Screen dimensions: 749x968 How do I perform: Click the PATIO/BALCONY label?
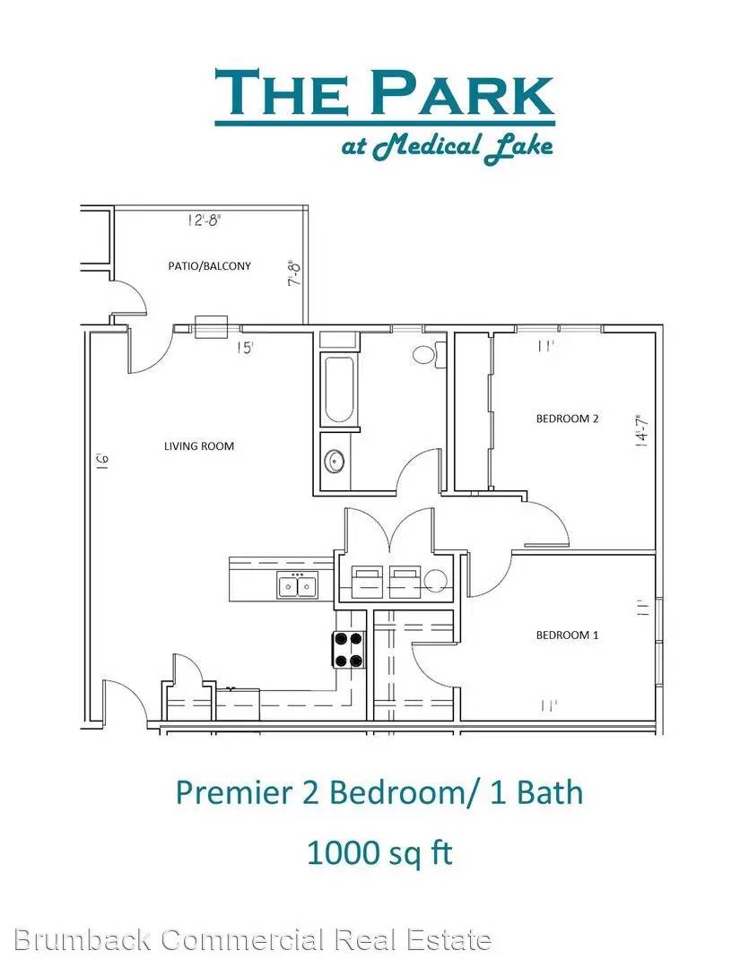pyautogui.click(x=210, y=266)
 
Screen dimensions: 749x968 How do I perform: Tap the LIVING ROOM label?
pyautogui.click(x=199, y=445)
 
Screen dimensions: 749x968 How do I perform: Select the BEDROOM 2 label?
pyautogui.click(x=567, y=419)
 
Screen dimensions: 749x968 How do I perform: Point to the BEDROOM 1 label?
pyautogui.click(x=567, y=635)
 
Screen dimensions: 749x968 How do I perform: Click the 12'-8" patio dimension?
pyautogui.click(x=204, y=220)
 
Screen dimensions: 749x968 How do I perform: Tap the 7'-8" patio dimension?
pyautogui.click(x=294, y=272)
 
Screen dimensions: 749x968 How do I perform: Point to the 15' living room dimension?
pyautogui.click(x=246, y=348)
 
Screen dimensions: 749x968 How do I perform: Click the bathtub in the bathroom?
pyautogui.click(x=339, y=390)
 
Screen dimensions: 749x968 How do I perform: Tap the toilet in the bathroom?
pyautogui.click(x=429, y=354)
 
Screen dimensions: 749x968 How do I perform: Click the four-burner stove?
pyautogui.click(x=349, y=650)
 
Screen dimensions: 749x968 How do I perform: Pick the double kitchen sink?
pyautogui.click(x=298, y=585)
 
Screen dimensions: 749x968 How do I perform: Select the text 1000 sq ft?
pyautogui.click(x=379, y=853)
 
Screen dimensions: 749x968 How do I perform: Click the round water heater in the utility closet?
pyautogui.click(x=436, y=580)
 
